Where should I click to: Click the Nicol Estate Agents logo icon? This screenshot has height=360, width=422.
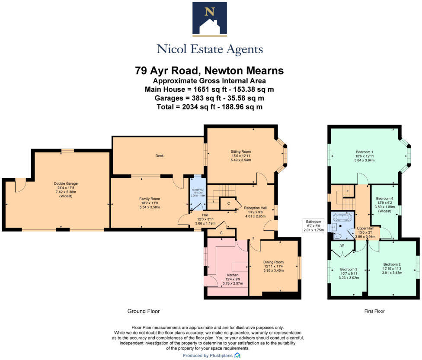point(210,19)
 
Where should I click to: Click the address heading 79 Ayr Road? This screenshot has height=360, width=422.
point(210,71)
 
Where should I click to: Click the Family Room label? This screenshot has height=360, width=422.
point(150,199)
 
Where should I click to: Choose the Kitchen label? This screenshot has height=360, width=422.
point(233,275)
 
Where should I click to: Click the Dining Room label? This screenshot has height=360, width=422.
point(273,262)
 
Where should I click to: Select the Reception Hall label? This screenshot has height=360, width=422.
point(255,208)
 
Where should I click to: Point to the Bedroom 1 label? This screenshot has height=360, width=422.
point(364,152)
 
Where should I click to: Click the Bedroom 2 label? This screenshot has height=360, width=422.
point(391,264)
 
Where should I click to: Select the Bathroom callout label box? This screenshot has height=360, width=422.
point(314,225)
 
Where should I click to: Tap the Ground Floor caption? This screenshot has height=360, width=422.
point(143,311)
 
